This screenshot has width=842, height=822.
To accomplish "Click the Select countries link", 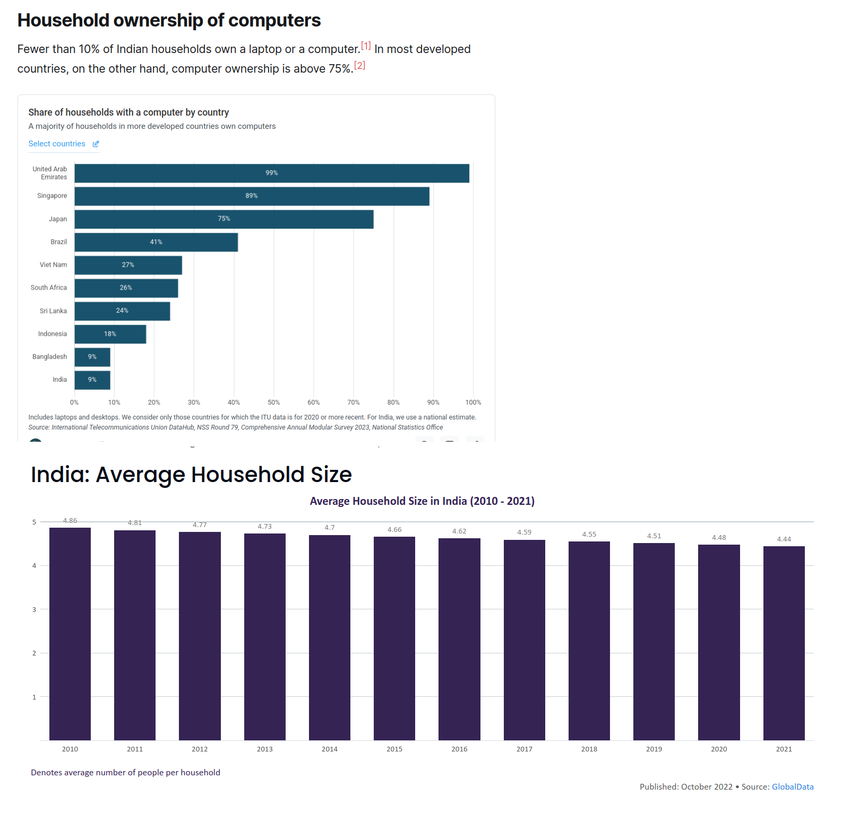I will pyautogui.click(x=57, y=144).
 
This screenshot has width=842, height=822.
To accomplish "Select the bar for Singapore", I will pyautogui.click(x=252, y=196).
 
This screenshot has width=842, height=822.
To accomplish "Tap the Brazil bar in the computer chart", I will pyautogui.click(x=156, y=242).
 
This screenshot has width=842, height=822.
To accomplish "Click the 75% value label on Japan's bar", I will pyautogui.click(x=224, y=218).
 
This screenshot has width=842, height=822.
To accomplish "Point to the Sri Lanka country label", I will pyautogui.click(x=53, y=311).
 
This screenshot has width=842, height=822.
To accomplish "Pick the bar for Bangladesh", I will pyautogui.click(x=92, y=357).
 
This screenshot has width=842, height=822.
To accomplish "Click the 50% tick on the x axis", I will pyautogui.click(x=273, y=403).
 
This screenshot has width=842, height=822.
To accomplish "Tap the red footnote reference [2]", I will pyautogui.click(x=359, y=65).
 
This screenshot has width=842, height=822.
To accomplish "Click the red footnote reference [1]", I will pyautogui.click(x=366, y=46).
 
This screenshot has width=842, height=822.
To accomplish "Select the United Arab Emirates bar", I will pyautogui.click(x=271, y=173).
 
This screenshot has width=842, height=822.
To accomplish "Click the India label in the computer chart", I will pyautogui.click(x=59, y=380).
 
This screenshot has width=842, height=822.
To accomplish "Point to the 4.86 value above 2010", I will pyautogui.click(x=70, y=521).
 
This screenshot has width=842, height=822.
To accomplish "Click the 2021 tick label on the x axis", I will pyautogui.click(x=784, y=749).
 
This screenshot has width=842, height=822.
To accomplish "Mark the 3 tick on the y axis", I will pyautogui.click(x=35, y=609).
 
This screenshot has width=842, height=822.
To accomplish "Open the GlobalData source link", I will pyautogui.click(x=792, y=786).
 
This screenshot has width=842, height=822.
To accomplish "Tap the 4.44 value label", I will pyautogui.click(x=784, y=539).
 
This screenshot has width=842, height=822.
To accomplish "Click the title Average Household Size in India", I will pyautogui.click(x=422, y=501).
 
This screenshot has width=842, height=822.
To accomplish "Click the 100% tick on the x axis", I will pyautogui.click(x=473, y=403).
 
